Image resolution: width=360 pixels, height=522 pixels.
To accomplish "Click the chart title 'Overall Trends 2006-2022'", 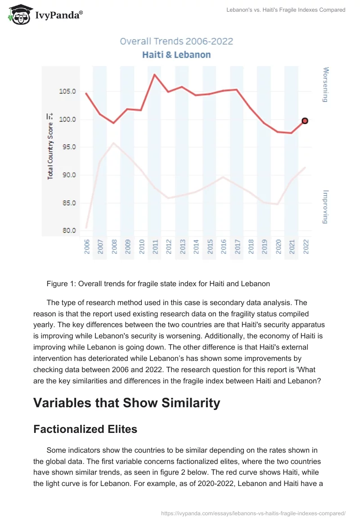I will click(x=176, y=41).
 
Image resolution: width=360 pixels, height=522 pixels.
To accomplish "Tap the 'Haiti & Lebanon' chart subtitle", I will click(x=176, y=55).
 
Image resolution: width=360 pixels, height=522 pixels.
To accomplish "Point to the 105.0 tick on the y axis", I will click(x=68, y=92).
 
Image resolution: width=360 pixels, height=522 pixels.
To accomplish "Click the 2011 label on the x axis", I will click(x=155, y=247).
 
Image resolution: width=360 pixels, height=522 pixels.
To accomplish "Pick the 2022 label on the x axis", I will click(x=306, y=247).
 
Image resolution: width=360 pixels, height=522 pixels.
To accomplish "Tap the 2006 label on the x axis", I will click(x=87, y=247).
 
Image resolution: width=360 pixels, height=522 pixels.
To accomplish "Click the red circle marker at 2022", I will click(x=305, y=121).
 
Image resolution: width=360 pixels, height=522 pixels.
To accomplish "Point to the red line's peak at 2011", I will click(x=155, y=74).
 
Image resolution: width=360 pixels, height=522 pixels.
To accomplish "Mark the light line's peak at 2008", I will click(x=114, y=143).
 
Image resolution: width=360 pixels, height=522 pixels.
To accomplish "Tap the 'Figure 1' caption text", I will click(x=158, y=283).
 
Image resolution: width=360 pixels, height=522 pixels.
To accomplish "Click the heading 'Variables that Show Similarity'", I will click(x=126, y=403).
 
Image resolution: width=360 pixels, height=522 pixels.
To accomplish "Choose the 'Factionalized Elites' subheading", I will click(x=85, y=429).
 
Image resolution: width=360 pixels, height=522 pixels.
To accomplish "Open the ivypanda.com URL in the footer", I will click(x=253, y=513).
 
